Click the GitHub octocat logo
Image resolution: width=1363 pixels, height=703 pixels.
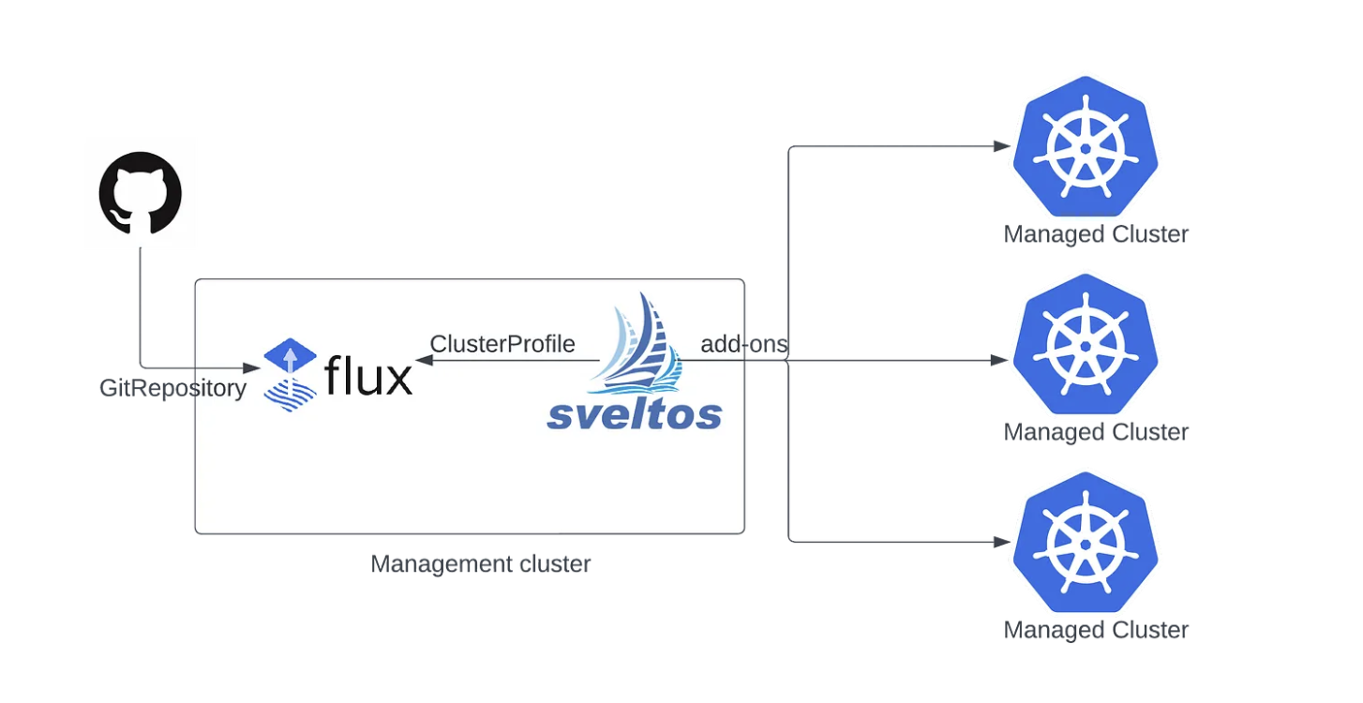[x=141, y=192]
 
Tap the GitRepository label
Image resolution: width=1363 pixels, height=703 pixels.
[x=172, y=388]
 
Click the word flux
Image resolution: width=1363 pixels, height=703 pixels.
[x=368, y=377]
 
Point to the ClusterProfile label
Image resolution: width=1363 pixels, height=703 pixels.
[x=502, y=344]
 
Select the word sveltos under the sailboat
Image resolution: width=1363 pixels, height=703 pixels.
[x=635, y=413]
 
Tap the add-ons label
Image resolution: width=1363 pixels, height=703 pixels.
[x=744, y=344]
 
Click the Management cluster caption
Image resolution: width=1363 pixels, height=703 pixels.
[x=480, y=564]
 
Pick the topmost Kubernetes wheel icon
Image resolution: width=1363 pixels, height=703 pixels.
[x=1085, y=147]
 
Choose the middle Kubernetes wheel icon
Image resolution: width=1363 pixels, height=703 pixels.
[x=1085, y=345]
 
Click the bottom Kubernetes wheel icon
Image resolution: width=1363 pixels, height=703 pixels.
[x=1085, y=543]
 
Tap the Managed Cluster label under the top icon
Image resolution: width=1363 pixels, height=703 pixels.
[x=1096, y=234]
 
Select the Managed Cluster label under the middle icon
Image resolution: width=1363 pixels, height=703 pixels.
[x=1096, y=432]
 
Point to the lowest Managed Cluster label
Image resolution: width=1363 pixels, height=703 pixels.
[x=1096, y=630]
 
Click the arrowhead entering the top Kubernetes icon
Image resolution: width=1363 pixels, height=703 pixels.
[x=1000, y=146]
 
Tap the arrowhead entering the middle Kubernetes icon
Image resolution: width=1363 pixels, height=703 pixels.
[x=1000, y=360]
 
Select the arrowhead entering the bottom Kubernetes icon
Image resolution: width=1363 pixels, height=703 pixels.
[x=1000, y=542]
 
